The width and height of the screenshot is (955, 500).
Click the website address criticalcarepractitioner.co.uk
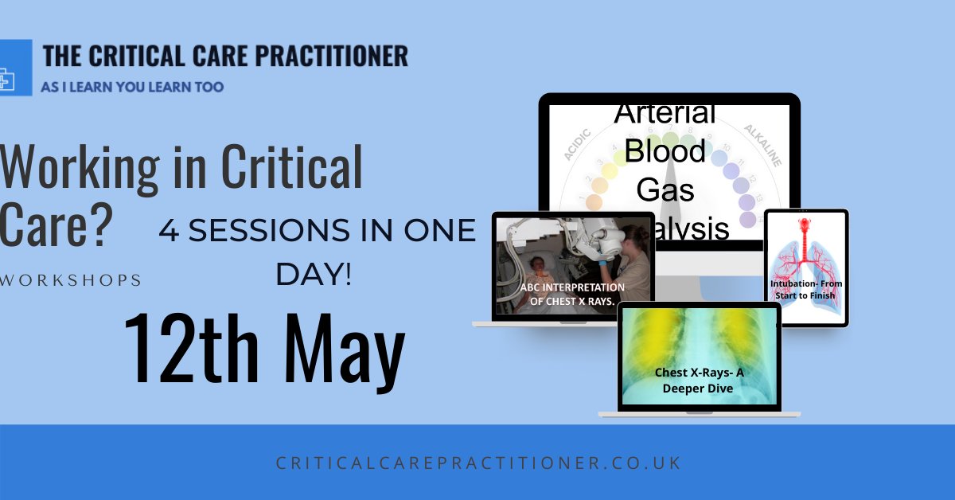pyautogui.click(x=477, y=463)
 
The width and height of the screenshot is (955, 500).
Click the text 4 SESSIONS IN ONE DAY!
pyautogui.click(x=317, y=252)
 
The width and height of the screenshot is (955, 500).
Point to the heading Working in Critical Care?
pyautogui.click(x=181, y=196)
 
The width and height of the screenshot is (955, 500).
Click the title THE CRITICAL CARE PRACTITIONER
pyautogui.click(x=225, y=56)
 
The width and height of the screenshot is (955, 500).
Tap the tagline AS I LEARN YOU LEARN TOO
pyautogui.click(x=132, y=87)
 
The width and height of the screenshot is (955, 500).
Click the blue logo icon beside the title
pyautogui.click(x=14, y=76)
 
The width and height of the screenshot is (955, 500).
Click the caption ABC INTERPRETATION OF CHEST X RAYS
pyautogui.click(x=573, y=293)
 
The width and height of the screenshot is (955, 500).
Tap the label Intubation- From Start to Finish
pyautogui.click(x=806, y=289)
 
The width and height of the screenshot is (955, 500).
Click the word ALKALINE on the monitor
pyautogui.click(x=763, y=145)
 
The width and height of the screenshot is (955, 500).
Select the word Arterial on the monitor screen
pyautogui.click(x=665, y=112)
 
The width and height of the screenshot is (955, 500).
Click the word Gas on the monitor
pyautogui.click(x=665, y=190)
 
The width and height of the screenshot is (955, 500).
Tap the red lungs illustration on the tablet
pyautogui.click(x=806, y=247)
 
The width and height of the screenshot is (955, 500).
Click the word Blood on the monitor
pyautogui.click(x=665, y=151)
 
